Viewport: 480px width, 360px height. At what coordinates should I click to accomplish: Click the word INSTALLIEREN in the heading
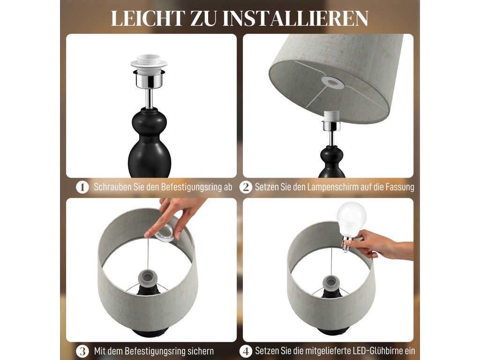295,18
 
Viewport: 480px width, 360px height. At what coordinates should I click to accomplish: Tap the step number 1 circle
82,187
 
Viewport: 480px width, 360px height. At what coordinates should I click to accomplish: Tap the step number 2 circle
246,187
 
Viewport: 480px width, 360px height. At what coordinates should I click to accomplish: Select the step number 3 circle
82,351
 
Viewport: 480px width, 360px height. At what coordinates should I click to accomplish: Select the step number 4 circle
246,351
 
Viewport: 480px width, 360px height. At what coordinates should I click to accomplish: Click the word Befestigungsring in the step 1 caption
189,187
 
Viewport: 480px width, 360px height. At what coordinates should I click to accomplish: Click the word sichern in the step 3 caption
199,351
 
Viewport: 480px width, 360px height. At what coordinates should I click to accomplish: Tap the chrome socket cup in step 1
149,79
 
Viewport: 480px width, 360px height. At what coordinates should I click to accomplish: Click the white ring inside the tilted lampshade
333,82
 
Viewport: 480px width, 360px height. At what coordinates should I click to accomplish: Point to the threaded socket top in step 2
331,115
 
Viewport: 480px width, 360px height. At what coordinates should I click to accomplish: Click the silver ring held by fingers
166,233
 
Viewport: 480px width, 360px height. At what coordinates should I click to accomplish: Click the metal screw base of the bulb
346,244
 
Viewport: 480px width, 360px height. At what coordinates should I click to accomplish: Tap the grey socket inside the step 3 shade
149,279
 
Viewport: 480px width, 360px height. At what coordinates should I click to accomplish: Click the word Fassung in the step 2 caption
400,187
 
